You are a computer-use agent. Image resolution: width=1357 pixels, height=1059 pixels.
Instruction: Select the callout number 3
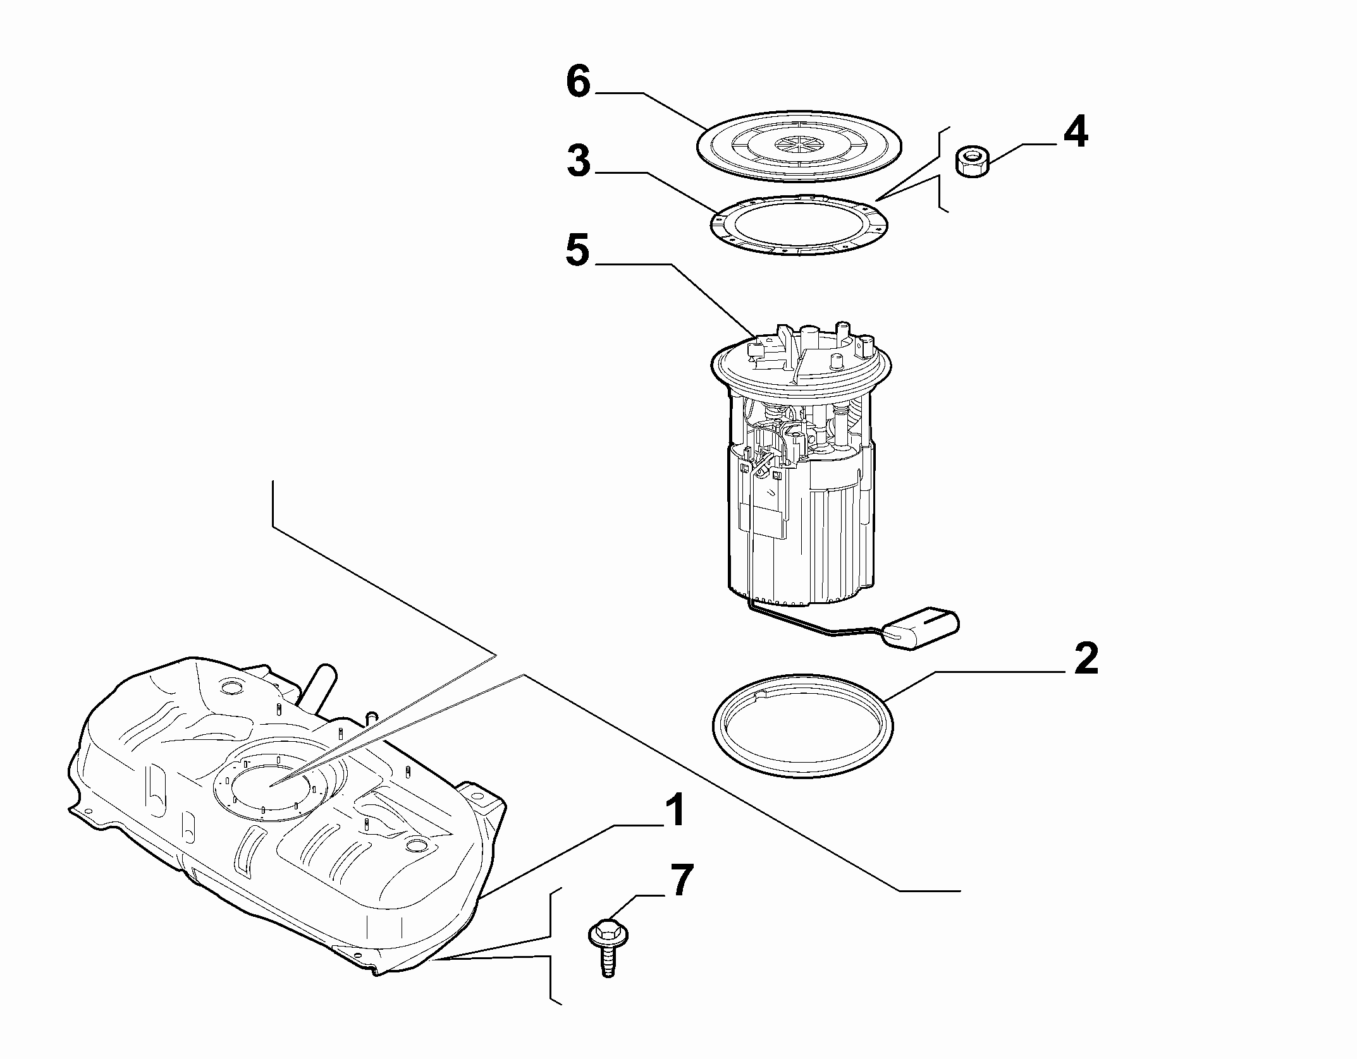pos(579,162)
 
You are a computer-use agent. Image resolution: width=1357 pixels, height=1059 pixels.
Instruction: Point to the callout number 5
pos(577,250)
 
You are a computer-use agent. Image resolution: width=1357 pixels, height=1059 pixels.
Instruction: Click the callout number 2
pos(1085,658)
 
